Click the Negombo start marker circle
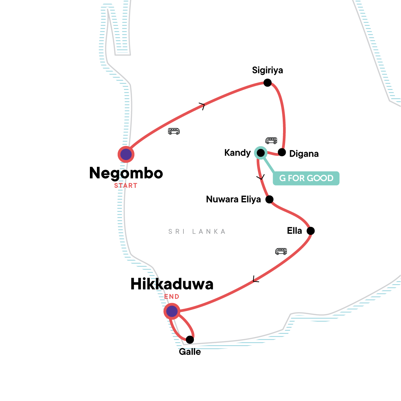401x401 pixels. [126, 154]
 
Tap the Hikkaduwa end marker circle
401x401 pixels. [172, 311]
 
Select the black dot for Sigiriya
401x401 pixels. [267, 83]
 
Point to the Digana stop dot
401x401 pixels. [282, 152]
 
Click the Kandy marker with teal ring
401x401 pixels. [260, 153]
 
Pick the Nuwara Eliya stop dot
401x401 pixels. [269, 199]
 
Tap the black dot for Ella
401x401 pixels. [310, 231]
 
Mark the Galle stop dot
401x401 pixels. [190, 340]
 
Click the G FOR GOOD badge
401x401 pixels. [306, 178]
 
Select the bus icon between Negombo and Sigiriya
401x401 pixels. [174, 131]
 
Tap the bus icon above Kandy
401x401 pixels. [271, 140]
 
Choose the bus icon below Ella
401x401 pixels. [281, 251]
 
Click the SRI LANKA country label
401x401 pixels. [197, 231]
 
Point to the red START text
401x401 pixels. [126, 186]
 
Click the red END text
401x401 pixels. [172, 296]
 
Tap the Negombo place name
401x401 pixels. [126, 173]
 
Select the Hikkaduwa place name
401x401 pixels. [172, 284]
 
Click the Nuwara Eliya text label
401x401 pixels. [233, 199]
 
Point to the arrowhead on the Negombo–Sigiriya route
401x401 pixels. [202, 106]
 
